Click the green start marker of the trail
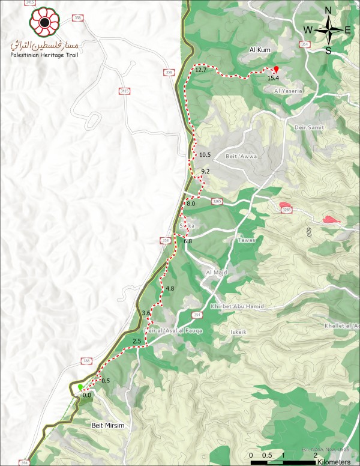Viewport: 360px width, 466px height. tap(80, 387)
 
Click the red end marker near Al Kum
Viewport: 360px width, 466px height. tap(276, 69)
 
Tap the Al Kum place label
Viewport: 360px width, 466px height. tap(260, 50)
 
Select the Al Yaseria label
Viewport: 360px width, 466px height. tap(287, 90)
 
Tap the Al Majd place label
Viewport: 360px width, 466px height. tap(215, 272)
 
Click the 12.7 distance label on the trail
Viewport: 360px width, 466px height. tap(200, 70)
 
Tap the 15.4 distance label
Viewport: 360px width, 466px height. tap(273, 78)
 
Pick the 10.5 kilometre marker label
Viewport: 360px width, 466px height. tap(205, 155)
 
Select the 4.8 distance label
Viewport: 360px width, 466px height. tap(169, 289)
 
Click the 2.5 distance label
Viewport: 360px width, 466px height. tap(136, 341)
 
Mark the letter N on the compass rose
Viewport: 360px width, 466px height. tap(328, 10)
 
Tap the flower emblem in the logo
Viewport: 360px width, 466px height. tap(44, 23)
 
